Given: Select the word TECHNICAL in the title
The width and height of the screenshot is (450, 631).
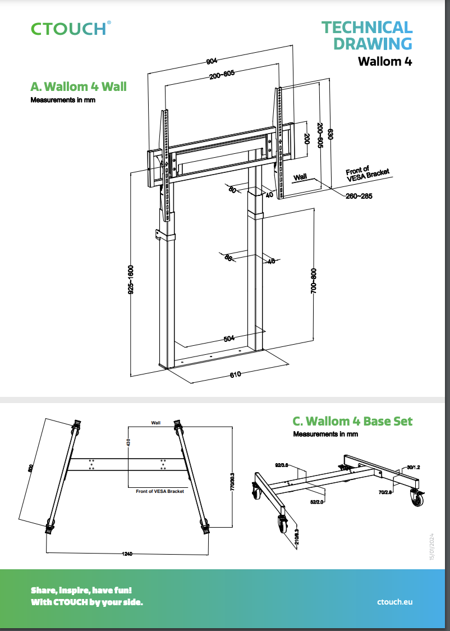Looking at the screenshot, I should click(x=367, y=27).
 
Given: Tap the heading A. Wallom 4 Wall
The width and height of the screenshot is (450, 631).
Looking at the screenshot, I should click(x=78, y=86).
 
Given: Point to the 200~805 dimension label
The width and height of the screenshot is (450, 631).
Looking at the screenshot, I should click(x=222, y=75).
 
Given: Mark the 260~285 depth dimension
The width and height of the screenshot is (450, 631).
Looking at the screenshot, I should click(x=359, y=196).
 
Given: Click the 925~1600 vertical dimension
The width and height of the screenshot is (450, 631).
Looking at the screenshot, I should click(x=130, y=280).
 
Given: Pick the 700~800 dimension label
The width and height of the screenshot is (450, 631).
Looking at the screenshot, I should click(x=314, y=280).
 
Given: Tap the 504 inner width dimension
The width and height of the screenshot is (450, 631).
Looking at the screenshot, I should click(x=229, y=339).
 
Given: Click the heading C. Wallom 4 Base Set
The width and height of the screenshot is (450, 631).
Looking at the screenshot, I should click(x=352, y=421).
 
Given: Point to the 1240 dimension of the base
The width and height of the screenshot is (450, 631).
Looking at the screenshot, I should click(x=127, y=554).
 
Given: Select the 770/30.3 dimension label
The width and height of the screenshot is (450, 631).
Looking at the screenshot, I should click(x=232, y=482).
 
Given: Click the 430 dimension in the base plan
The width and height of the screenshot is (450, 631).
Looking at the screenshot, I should click(x=128, y=443).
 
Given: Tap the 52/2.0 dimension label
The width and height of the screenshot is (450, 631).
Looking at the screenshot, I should click(x=317, y=502).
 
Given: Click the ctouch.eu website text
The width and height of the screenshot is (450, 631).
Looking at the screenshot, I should click(x=395, y=601).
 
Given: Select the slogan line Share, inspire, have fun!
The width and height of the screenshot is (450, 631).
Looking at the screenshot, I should click(x=81, y=591).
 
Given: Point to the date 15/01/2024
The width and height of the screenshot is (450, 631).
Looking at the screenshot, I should click(x=432, y=545).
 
